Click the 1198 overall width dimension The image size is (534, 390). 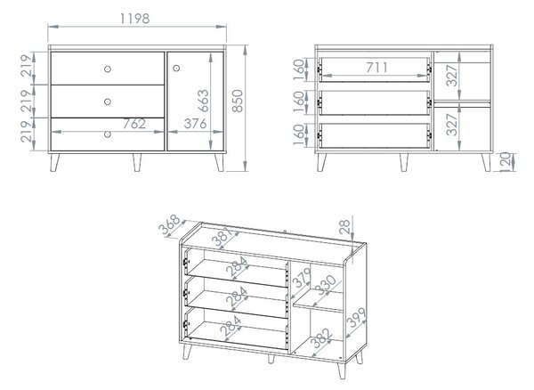click(x=135, y=19)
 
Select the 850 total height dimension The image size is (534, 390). click(x=238, y=101)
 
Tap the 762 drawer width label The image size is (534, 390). click(x=134, y=124)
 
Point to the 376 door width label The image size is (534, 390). click(x=195, y=124)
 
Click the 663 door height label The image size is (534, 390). click(x=203, y=101)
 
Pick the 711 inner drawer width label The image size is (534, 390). click(x=376, y=68)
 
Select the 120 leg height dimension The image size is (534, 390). click(x=506, y=162)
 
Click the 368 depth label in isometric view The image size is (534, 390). click(x=170, y=224)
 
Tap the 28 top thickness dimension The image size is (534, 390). click(x=344, y=227)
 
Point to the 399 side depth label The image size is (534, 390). click(x=356, y=318)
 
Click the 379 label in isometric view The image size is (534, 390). click(x=303, y=278)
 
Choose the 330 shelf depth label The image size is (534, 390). click(x=325, y=286)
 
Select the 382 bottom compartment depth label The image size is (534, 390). click(x=322, y=337)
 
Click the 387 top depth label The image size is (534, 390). click(x=222, y=236)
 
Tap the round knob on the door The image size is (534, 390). click(x=176, y=69)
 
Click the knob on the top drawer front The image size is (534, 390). click(x=108, y=69)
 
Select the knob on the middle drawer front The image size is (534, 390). click(x=108, y=102)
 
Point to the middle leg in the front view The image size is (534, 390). click(x=137, y=162)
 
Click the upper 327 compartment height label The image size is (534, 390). click(x=452, y=76)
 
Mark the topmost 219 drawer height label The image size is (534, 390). click(x=28, y=65)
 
